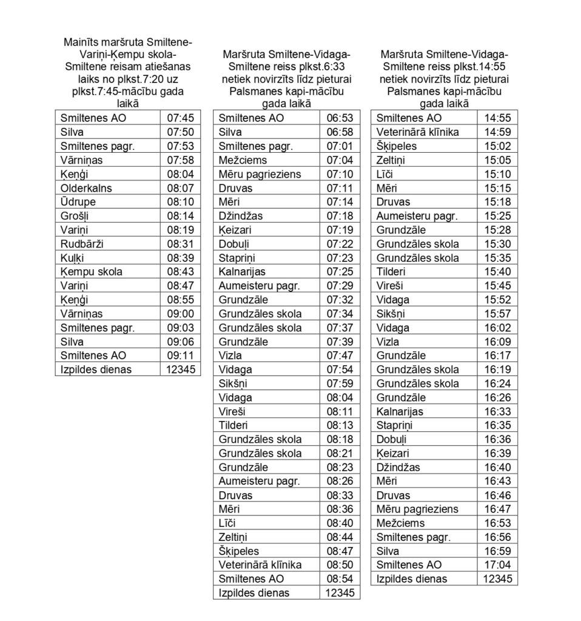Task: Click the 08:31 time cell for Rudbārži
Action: (x=180, y=244)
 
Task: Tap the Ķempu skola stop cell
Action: (x=91, y=272)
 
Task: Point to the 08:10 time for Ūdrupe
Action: (x=180, y=202)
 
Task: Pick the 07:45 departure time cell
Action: (x=180, y=118)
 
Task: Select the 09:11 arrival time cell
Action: (x=180, y=355)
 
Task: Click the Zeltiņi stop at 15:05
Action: (x=391, y=160)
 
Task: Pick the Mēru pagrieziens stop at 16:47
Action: (x=417, y=509)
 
